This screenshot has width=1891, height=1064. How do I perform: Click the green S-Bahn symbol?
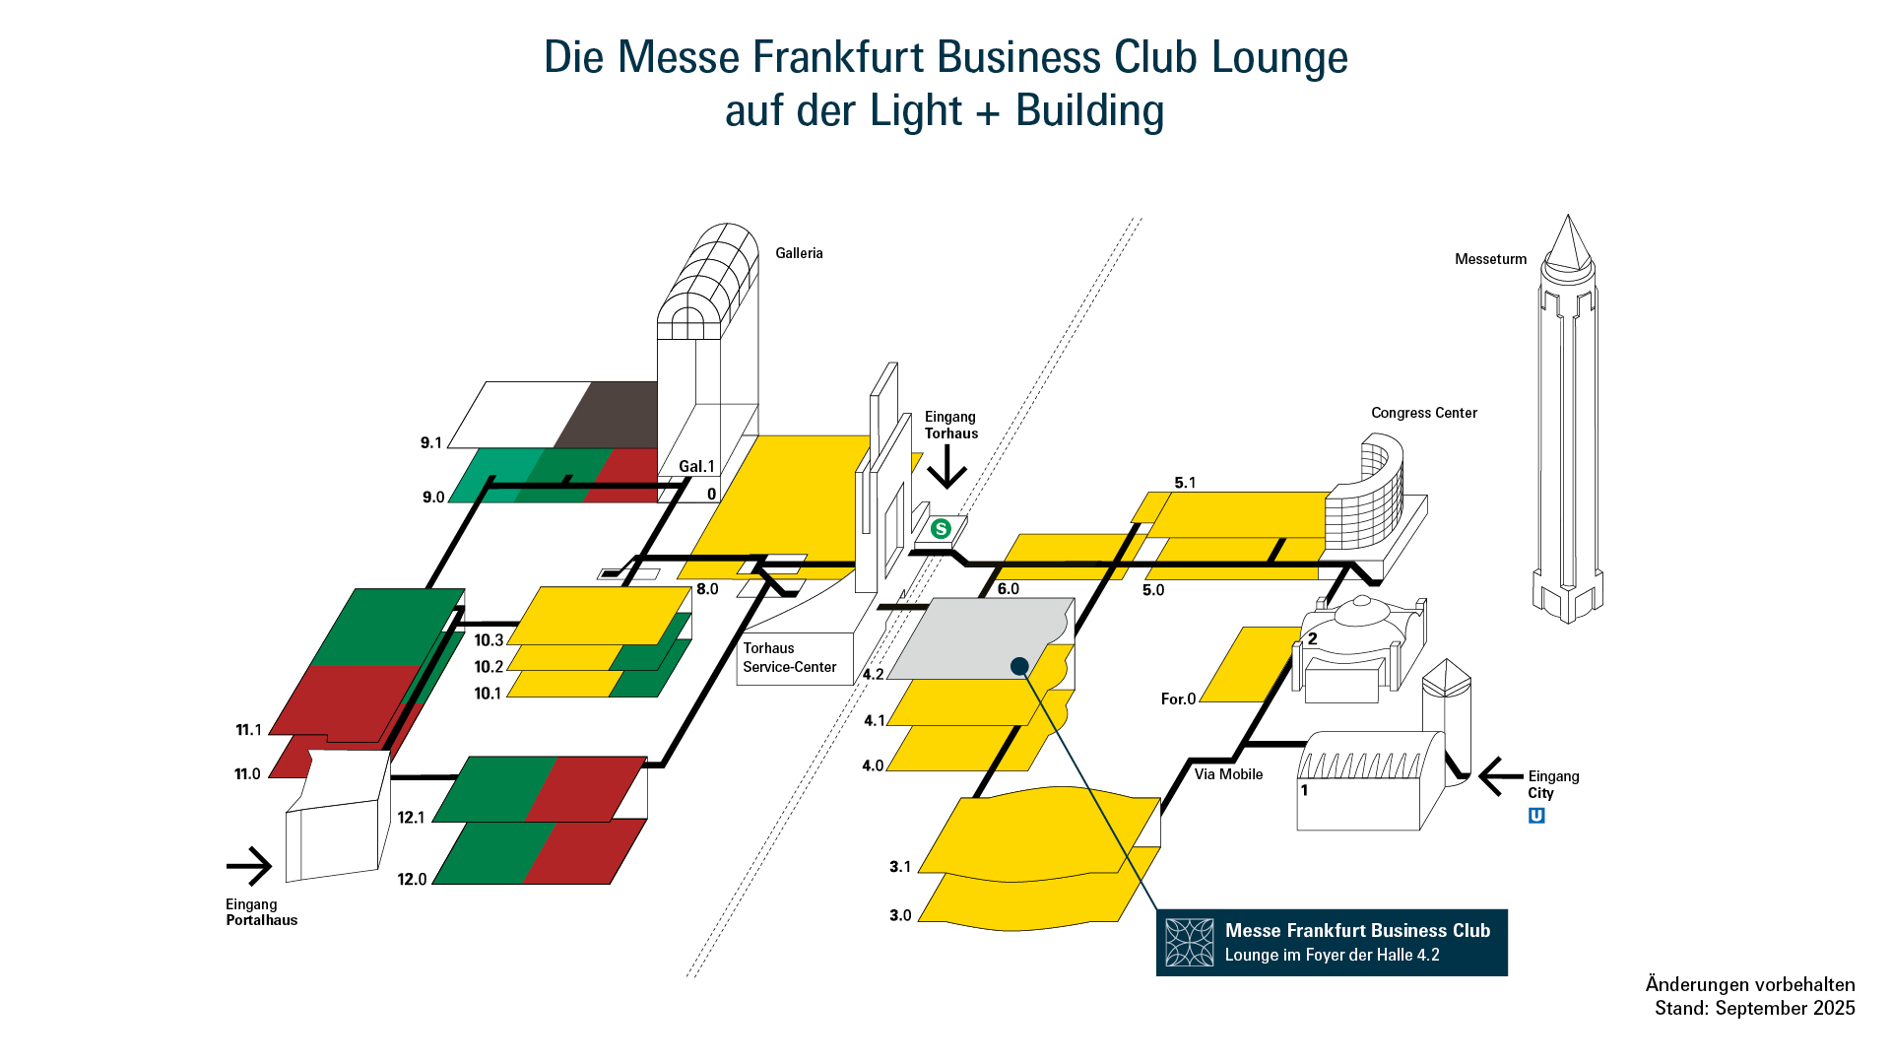[941, 529]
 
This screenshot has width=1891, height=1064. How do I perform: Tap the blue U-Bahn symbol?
[1536, 816]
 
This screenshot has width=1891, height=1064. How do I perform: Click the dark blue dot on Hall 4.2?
[1019, 667]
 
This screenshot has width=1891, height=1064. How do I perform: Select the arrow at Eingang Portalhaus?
[249, 867]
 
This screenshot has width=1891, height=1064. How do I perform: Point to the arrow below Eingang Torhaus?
[947, 467]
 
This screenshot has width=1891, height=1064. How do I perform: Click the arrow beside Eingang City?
[1500, 777]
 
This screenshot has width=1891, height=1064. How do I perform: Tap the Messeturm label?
[1490, 259]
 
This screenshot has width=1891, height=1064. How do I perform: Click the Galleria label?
[799, 253]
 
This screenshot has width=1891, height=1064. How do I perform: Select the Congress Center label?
[1423, 413]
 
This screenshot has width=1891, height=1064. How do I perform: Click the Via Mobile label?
[1228, 774]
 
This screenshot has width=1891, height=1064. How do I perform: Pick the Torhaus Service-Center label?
[789, 657]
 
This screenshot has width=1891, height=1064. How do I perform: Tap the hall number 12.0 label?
[412, 879]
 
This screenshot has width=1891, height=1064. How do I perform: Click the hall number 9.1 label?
[431, 442]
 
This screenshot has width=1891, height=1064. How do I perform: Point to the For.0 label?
[1178, 698]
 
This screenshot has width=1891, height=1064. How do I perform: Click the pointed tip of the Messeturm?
[1568, 219]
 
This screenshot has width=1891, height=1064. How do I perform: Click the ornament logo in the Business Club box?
[1190, 943]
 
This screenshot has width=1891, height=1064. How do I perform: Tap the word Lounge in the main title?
[1279, 57]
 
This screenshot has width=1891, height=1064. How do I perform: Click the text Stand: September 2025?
[1754, 1008]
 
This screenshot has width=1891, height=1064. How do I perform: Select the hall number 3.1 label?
[900, 867]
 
